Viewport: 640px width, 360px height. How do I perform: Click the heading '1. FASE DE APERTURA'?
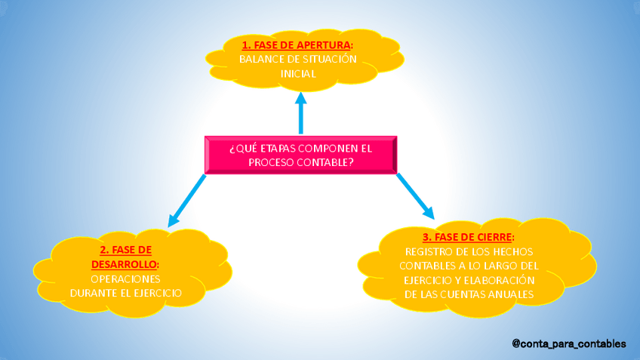click(297, 45)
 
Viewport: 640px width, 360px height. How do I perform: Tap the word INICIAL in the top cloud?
click(297, 73)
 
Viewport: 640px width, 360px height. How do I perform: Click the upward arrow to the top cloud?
click(301, 113)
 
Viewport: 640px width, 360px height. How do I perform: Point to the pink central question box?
click(300, 155)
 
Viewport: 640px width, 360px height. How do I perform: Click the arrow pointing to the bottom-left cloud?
click(186, 200)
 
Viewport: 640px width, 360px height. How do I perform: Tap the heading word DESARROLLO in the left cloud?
click(125, 264)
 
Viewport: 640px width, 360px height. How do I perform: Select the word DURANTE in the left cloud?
click(92, 293)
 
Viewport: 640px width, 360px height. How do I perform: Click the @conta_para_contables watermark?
click(568, 343)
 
